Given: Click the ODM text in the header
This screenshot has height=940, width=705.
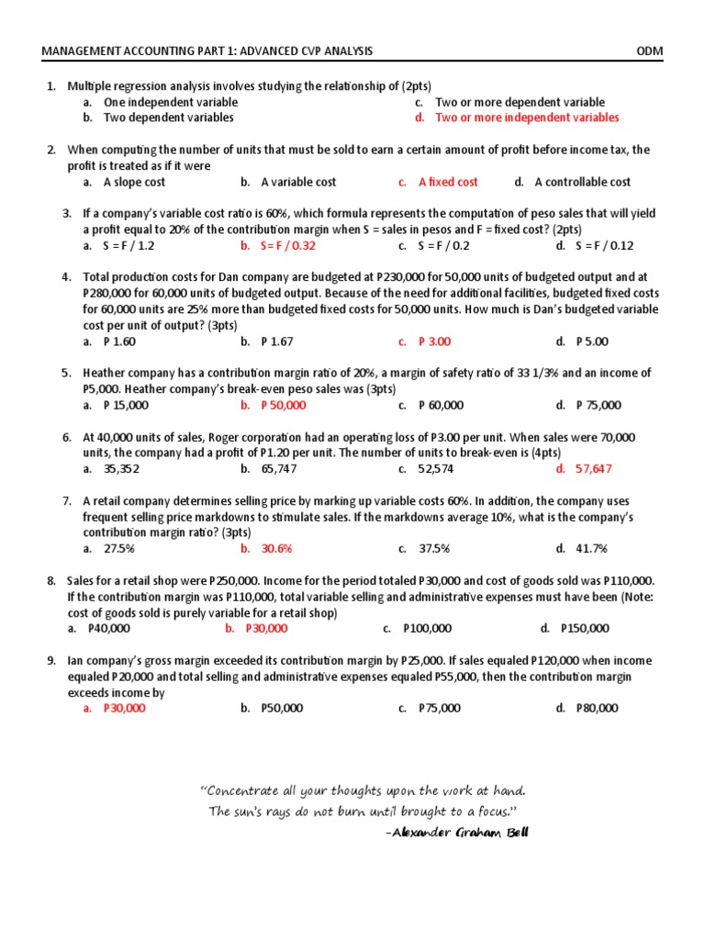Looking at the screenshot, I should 649,51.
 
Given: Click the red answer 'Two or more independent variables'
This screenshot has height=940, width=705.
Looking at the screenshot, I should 527,117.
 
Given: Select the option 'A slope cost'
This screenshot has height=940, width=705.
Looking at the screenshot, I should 134,182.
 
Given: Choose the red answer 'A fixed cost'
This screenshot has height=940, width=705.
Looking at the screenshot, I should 448,182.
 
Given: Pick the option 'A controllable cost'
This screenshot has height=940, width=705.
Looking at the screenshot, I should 583,182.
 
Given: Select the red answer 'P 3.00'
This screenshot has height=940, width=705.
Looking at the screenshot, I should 434,341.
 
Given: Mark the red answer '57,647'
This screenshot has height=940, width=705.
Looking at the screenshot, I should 593,468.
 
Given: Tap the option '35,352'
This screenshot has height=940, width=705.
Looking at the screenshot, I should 122,468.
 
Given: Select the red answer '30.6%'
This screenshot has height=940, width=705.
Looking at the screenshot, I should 276,548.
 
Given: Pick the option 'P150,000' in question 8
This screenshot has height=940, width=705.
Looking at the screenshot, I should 585,628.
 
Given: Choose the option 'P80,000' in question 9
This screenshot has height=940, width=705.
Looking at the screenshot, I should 597,708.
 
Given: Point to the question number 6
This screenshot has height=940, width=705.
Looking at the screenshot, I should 67,437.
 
